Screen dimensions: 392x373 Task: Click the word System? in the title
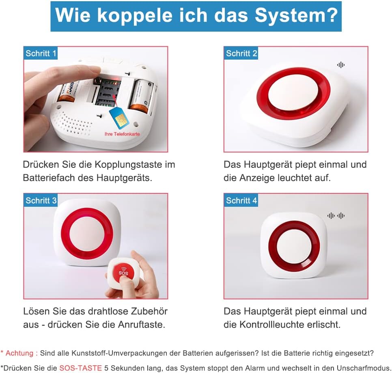pos(296,16)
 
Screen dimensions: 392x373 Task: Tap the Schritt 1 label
pos(41,54)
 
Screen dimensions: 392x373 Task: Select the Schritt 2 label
pos(241,54)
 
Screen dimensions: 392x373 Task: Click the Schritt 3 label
pos(41,200)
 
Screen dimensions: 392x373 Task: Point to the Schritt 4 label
pos(241,200)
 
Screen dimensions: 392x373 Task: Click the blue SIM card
pos(119,117)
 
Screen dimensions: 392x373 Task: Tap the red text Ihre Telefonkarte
pos(122,134)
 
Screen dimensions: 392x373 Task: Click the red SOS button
pos(123,273)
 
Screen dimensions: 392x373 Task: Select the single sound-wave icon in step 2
pos(340,65)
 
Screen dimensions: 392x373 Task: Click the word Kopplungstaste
pos(129,165)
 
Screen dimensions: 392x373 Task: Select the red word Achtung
pos(19,353)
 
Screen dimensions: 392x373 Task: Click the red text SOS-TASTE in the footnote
pos(80,368)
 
